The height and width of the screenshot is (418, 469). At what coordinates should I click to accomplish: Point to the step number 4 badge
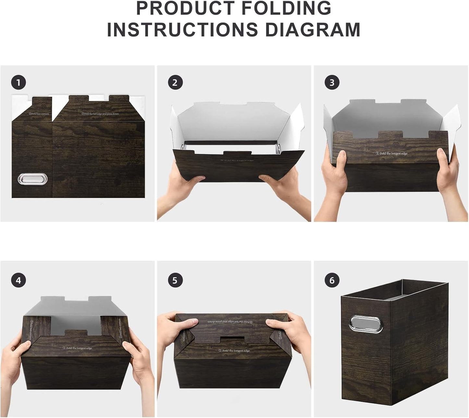(18, 280)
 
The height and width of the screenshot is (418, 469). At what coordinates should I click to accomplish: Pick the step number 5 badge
(175, 280)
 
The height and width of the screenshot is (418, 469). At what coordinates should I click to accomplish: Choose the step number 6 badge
(332, 280)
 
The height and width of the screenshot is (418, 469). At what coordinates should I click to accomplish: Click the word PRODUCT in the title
(185, 8)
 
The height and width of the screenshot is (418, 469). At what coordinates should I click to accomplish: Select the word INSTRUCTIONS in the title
(182, 30)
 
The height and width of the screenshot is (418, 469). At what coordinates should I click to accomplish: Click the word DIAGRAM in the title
(313, 30)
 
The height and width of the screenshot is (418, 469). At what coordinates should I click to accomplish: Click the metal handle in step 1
(32, 179)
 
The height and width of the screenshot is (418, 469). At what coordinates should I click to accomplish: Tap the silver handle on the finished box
(366, 324)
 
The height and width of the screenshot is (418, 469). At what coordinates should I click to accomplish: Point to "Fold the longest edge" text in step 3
(392, 153)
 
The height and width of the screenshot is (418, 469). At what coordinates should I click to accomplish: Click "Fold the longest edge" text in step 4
(78, 348)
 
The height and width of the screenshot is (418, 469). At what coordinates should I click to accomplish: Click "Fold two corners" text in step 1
(39, 114)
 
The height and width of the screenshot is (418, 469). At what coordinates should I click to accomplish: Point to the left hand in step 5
(175, 327)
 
